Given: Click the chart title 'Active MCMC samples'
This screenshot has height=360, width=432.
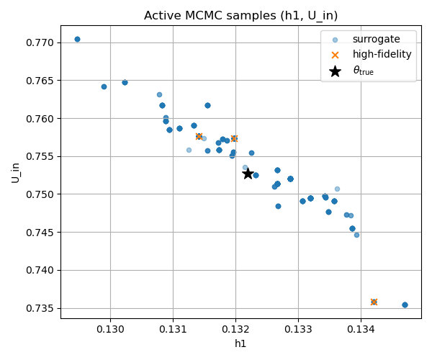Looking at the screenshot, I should tap(240, 16).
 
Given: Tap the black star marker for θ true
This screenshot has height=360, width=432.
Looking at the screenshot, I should tap(248, 174).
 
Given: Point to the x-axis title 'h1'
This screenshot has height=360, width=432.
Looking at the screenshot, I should tap(240, 344).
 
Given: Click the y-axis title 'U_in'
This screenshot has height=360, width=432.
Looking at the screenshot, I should tap(16, 171).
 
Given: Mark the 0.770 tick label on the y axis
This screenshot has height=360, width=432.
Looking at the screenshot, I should tap(39, 42).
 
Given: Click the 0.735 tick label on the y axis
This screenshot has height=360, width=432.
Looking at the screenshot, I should tap(39, 308).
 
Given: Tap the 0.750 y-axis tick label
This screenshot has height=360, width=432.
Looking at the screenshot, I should tap(39, 194).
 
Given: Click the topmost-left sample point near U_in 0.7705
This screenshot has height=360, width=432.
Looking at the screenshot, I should tap(77, 39).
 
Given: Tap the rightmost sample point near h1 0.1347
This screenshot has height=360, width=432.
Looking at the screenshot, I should tap(405, 305).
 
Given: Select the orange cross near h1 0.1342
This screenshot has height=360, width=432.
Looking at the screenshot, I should tap(374, 302).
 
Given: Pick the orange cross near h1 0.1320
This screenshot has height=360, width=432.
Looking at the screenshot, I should tap(234, 138).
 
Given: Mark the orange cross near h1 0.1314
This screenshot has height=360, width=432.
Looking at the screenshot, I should tap(199, 136).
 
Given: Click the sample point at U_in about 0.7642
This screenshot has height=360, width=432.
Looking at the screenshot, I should tap(104, 86).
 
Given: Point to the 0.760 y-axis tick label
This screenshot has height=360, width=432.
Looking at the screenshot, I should tap(39, 118).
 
